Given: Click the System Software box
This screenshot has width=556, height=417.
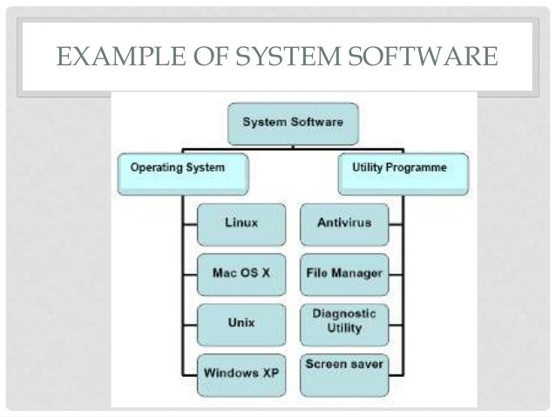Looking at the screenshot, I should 293,123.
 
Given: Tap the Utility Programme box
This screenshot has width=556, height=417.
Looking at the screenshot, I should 403,172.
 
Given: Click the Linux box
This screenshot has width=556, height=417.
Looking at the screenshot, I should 241,223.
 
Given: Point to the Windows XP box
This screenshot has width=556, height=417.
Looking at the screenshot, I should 241,373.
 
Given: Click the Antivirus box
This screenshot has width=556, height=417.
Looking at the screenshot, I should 342,223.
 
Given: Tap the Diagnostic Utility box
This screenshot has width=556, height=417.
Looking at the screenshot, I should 342,320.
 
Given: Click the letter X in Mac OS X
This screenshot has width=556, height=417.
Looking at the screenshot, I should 265,272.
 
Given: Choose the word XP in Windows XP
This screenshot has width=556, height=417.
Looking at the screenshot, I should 270,373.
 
